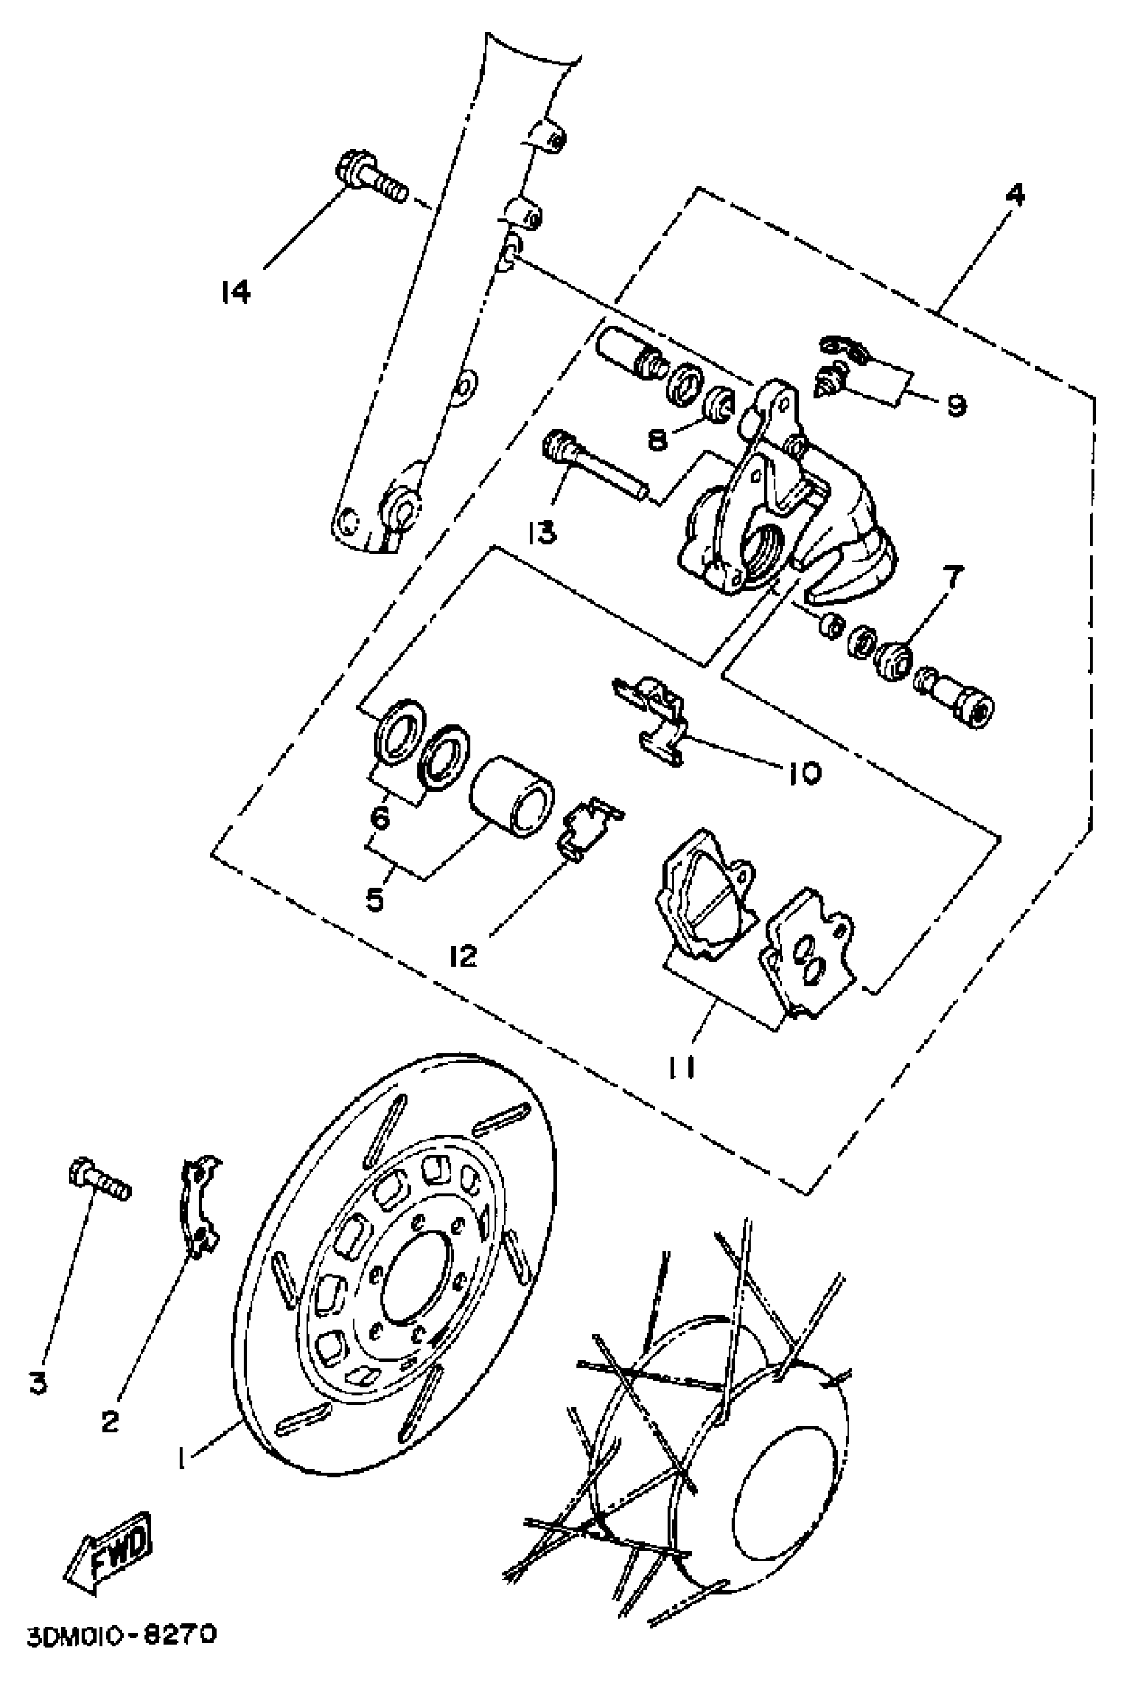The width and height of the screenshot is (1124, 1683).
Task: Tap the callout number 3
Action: [39, 1383]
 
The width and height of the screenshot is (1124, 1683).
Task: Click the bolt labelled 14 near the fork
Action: [371, 176]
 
